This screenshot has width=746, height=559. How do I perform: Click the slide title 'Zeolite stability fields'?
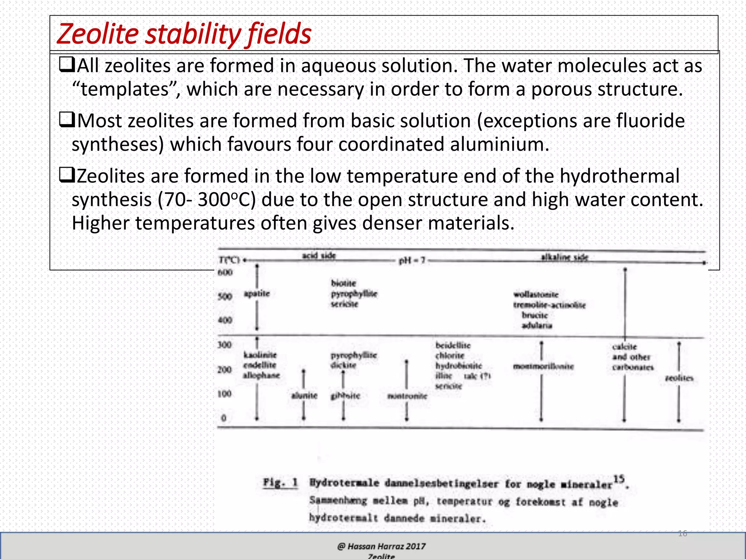coord(184,34)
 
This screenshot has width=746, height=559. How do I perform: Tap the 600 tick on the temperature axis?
coord(225,272)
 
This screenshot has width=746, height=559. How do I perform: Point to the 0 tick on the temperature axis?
coord(224,418)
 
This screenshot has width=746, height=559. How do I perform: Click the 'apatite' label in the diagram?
coord(257,293)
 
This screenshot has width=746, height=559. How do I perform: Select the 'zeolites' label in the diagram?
coord(679,378)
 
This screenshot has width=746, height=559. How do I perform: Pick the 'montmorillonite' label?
coord(543,366)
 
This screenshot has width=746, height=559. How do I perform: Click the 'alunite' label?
coord(304,395)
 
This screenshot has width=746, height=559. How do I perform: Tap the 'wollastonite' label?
coord(536,294)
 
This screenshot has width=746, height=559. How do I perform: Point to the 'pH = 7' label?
coord(412,261)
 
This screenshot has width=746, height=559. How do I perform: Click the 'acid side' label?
coord(319,255)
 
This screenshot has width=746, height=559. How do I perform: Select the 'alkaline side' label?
coord(564,257)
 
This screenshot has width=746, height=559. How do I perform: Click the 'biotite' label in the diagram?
coord(343,283)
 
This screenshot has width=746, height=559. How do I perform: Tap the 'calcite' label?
coord(624,346)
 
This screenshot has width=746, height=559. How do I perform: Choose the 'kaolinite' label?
coord(260,354)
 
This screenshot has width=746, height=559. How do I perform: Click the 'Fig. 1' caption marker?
coord(280,483)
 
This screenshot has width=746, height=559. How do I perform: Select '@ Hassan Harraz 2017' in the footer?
coord(381,546)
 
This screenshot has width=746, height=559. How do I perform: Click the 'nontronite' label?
coord(407,396)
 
